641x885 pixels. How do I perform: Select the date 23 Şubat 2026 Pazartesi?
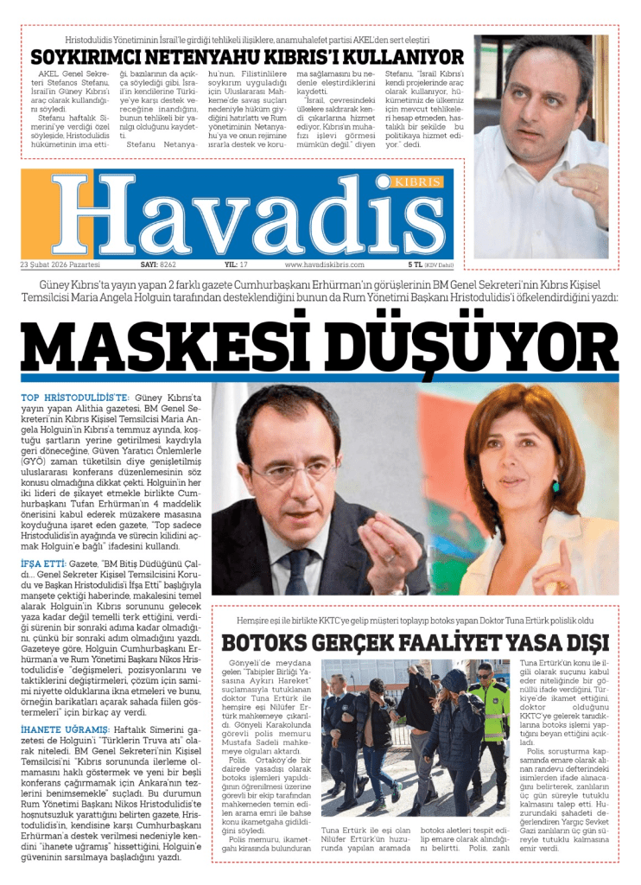pos(60,264)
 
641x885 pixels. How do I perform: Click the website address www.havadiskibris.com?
pos(324,264)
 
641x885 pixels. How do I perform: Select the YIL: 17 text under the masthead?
pos(236,264)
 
